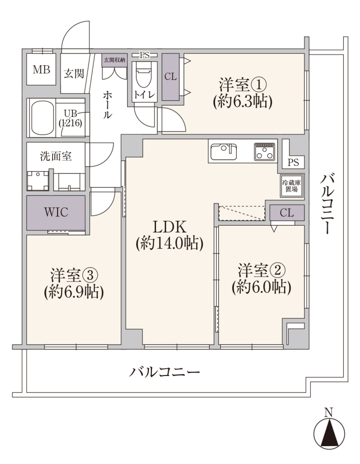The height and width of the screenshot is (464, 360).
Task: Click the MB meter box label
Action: [x=42, y=70]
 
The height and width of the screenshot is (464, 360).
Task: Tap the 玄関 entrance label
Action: [x=74, y=73]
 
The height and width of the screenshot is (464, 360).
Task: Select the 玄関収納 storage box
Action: [x=114, y=60]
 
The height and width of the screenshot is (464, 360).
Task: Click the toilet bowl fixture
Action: [x=144, y=73]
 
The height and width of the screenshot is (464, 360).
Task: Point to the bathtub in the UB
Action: [x=43, y=118]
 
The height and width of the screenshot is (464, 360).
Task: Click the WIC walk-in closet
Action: [x=56, y=213]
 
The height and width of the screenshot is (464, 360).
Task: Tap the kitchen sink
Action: [x=223, y=152]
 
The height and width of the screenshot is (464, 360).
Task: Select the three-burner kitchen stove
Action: [x=264, y=152]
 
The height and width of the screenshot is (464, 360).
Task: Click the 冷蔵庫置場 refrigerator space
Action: [x=292, y=186]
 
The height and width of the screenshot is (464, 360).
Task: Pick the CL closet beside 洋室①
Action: [x=171, y=77]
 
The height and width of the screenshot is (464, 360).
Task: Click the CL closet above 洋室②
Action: [x=287, y=213]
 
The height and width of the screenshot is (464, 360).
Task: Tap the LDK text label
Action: [x=170, y=227]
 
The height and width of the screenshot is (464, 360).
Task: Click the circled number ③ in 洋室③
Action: [x=89, y=276]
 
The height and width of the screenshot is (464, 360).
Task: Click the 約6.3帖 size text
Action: [x=242, y=102]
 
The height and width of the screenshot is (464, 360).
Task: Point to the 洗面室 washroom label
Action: [x=56, y=156]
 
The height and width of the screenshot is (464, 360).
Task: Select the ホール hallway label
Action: [x=107, y=105]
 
